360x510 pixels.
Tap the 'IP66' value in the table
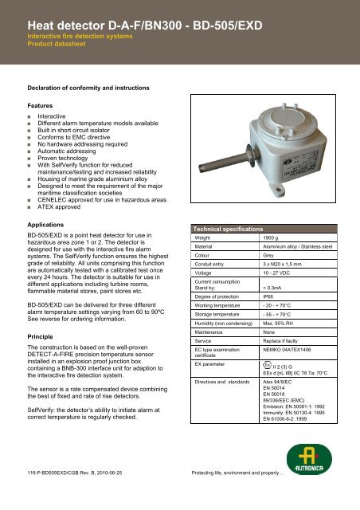270,296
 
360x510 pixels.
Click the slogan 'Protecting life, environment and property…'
242,495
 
